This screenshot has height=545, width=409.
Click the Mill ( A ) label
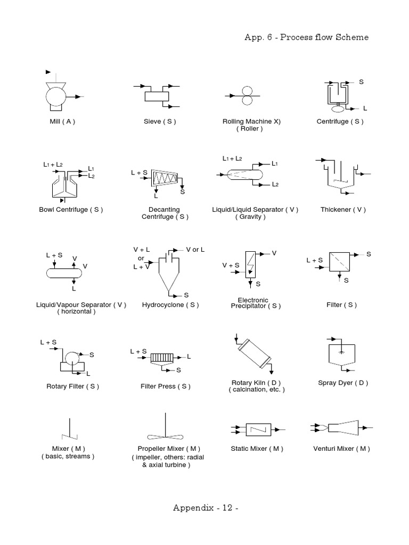pos(62,121)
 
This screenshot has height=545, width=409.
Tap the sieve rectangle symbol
pos(156,96)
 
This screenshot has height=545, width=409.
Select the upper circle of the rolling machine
pos(247,90)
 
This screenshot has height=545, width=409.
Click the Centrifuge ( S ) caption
pos(340,121)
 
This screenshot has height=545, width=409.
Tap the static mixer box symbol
pos(257,428)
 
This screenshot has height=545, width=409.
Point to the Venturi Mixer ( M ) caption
pos(341,449)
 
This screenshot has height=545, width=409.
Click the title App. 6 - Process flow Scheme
pos(306,37)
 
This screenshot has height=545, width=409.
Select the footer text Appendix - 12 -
pos(205,507)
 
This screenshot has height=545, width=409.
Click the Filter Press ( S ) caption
pos(166,386)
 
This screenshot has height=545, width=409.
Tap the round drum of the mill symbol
pos(54,97)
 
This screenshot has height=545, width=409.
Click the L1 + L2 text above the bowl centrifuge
pos(53,165)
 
